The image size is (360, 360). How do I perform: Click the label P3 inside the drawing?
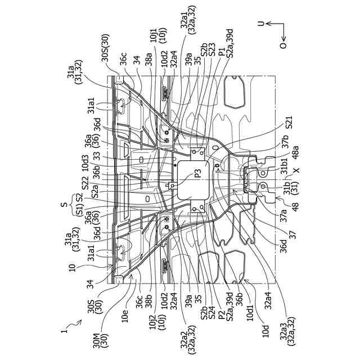(198, 175)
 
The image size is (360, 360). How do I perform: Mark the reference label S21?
(288, 123)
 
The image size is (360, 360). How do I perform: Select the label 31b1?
(287, 166)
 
